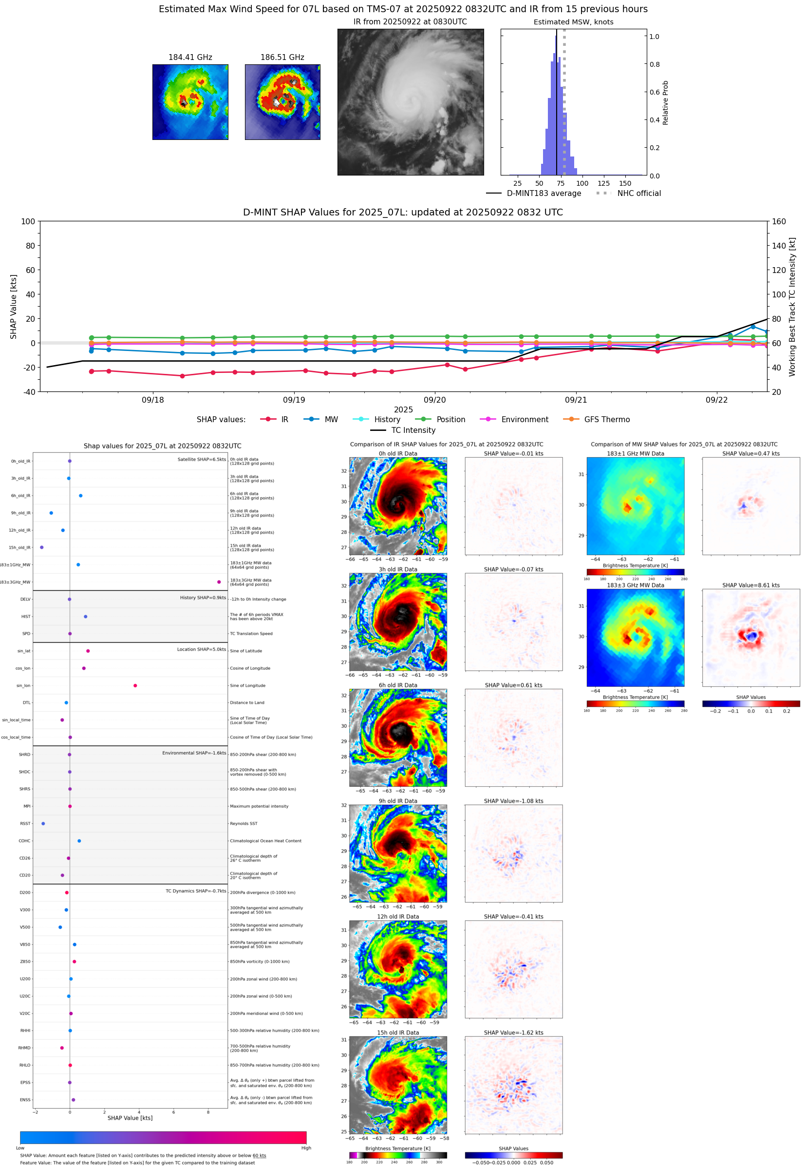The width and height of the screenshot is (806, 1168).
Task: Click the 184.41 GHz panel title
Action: coord(190,58)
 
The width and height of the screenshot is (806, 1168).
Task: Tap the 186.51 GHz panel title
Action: coord(282,58)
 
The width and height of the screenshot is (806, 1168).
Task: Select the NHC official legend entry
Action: coord(638,193)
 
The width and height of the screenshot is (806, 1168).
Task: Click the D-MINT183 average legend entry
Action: coord(544,193)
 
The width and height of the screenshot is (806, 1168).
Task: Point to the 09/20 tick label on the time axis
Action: coord(434,400)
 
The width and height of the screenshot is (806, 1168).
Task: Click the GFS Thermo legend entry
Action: coord(606,420)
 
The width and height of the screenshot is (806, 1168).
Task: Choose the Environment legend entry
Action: coord(524,420)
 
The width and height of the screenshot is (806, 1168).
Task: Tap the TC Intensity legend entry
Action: coord(412,430)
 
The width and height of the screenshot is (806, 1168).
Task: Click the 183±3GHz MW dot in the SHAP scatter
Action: coord(219,582)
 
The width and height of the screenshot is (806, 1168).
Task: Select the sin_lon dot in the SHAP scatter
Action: coord(135,685)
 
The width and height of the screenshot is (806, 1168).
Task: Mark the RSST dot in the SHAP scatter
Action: coord(43,823)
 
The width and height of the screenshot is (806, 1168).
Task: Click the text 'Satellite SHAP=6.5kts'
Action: coord(202,459)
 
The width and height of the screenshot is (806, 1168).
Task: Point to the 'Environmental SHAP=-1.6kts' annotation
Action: coord(194,753)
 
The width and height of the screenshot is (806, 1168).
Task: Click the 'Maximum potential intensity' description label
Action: coord(259,806)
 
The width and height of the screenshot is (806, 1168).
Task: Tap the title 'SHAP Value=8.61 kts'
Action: coord(750,585)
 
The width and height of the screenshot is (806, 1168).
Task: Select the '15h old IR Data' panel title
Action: coord(398,1032)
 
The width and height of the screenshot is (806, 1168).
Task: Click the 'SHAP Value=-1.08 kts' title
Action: coord(513,801)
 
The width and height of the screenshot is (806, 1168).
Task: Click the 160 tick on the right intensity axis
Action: coord(779,221)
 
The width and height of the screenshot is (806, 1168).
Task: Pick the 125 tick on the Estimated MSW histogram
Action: coord(603,183)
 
